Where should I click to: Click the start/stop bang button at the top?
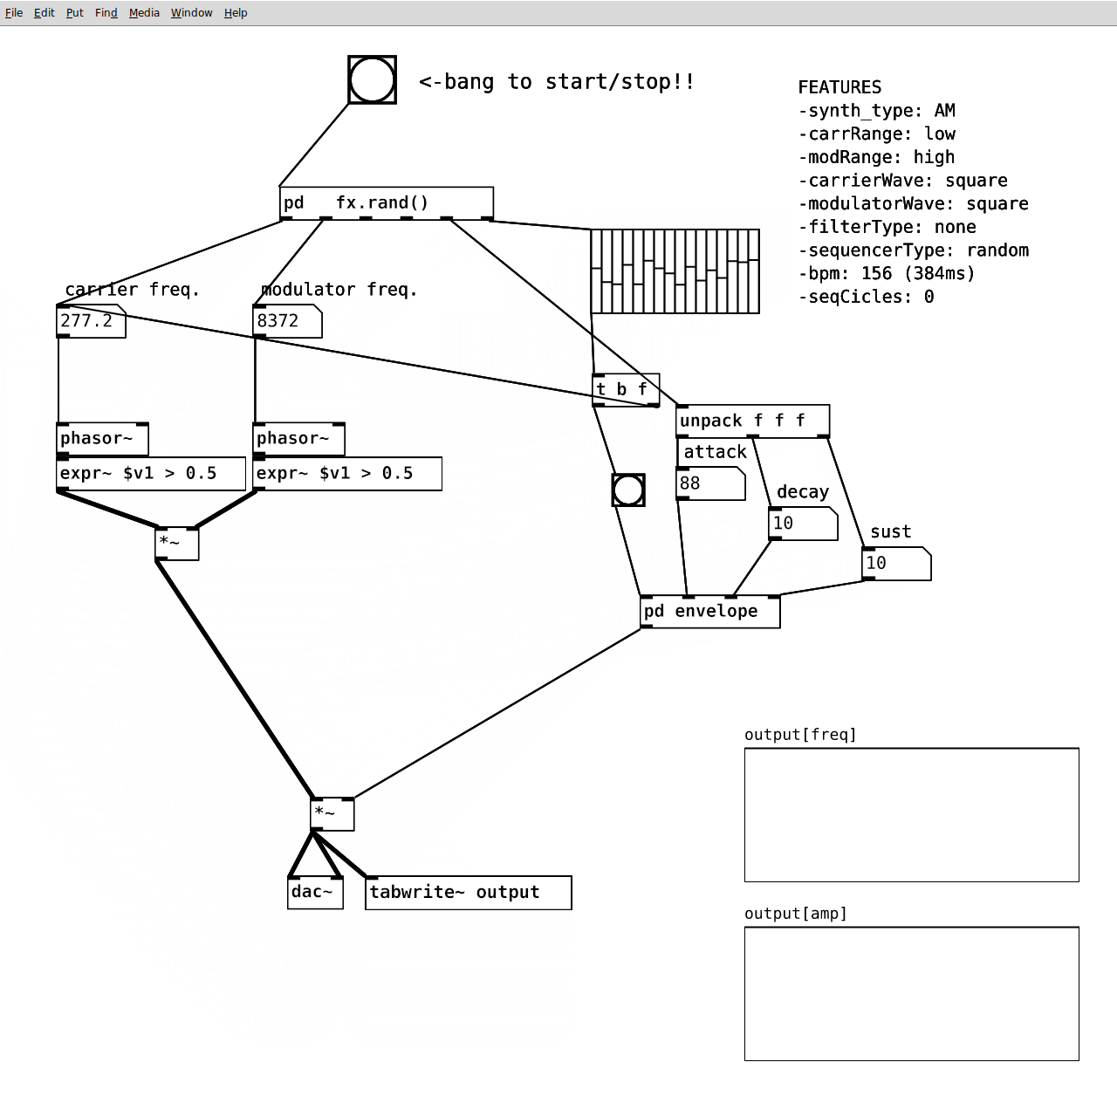coord(372,80)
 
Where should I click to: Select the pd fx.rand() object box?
coord(386,203)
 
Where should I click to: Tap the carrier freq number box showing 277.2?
coord(91,321)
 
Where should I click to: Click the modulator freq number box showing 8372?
coord(287,321)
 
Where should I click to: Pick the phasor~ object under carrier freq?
coord(103,439)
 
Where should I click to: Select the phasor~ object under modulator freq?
coord(299,439)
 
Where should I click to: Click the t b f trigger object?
coord(626,389)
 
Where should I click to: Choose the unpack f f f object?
coord(752,421)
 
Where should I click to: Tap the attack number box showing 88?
coord(710,483)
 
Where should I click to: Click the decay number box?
coord(803,524)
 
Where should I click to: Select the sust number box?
coord(896,564)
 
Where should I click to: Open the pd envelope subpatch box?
coord(710,612)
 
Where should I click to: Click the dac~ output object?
coord(315,893)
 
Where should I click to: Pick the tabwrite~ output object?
coord(469,893)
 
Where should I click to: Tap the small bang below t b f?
coord(628,490)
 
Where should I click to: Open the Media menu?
coord(144,13)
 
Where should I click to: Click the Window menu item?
coord(191,13)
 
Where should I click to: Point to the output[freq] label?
coord(800,735)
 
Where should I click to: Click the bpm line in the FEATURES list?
coord(887,274)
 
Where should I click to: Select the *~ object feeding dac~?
coord(332,814)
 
